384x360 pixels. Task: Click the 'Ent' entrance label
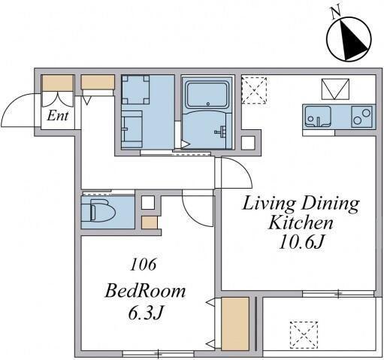tap(58, 116)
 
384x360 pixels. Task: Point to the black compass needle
tap(353, 40)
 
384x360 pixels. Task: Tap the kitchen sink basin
tap(318, 116)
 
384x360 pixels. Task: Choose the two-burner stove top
tap(361, 116)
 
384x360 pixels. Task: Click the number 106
tap(143, 265)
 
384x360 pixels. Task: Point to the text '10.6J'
tap(301, 242)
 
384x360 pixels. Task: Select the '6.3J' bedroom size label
tap(146, 313)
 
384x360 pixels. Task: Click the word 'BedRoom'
tap(145, 291)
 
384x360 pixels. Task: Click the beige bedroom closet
tap(235, 324)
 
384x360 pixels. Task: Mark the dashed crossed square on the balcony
tap(304, 335)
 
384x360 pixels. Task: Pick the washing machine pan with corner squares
tap(135, 89)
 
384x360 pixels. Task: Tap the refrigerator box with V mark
tap(335, 89)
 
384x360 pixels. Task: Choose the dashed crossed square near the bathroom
tap(254, 90)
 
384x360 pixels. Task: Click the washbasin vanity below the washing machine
tap(132, 129)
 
